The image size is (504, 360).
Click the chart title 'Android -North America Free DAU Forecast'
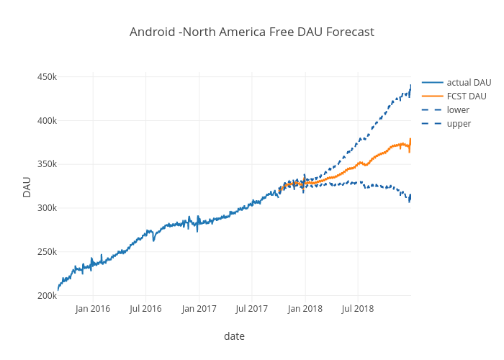pos(252,32)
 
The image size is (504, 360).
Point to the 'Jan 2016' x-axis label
pos(93,309)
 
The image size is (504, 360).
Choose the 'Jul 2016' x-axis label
pos(145,309)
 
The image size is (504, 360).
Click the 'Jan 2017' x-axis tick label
pos(199,309)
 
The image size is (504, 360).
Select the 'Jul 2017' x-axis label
pos(251,309)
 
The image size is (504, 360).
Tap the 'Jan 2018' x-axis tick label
pos(305,309)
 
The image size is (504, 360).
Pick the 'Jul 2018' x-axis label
pos(357,309)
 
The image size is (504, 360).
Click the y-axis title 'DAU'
pos(27,186)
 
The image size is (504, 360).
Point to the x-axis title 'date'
pos(234,336)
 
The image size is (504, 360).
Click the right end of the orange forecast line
pos(410,139)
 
